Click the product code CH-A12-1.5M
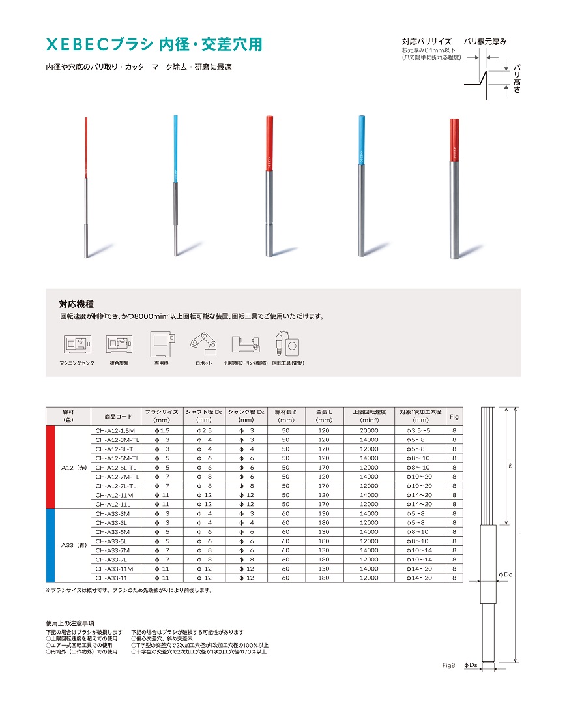click(x=115, y=430)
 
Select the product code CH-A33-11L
click(x=113, y=578)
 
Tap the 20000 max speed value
click(x=369, y=430)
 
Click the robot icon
click(x=203, y=342)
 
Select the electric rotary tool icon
click(x=287, y=343)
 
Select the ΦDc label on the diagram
click(x=505, y=574)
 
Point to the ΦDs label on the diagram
click(x=470, y=665)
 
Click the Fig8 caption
click(x=448, y=665)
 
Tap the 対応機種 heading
click(x=76, y=304)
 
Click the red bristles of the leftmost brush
click(x=87, y=147)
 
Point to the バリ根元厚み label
click(x=485, y=42)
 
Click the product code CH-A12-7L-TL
click(x=116, y=486)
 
